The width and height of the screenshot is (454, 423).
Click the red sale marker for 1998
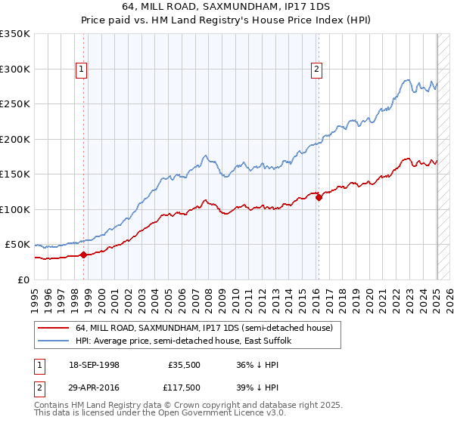83,255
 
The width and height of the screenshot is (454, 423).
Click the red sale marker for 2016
319,197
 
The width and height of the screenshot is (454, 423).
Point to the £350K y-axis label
15,34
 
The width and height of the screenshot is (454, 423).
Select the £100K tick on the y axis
15,209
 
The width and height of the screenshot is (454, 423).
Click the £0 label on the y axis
23,279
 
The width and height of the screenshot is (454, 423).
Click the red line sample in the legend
53,328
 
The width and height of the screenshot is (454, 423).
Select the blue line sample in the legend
53,341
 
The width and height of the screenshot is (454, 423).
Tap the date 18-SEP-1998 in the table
94,365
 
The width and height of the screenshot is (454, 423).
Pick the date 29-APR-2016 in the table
94,389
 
